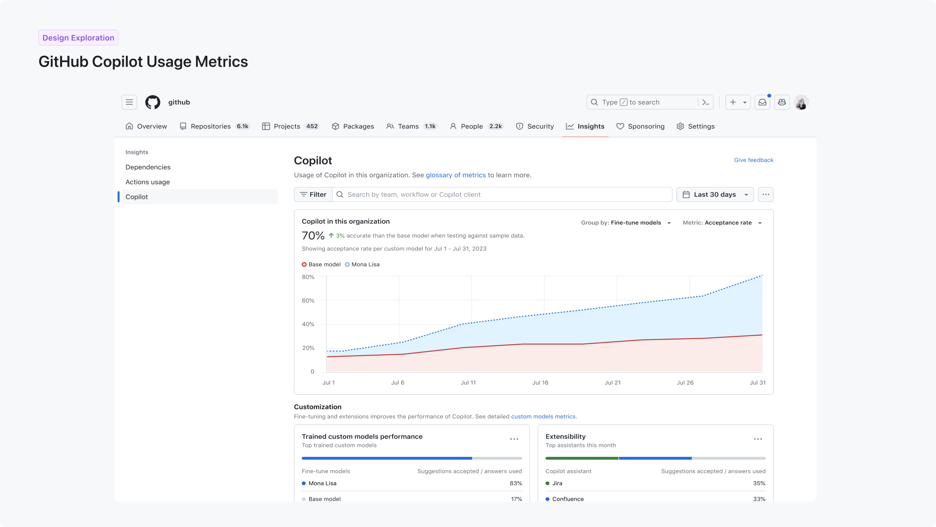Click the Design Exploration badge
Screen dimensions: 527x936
click(x=78, y=38)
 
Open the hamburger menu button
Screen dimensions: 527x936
click(x=129, y=102)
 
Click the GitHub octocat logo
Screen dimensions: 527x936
click(x=153, y=102)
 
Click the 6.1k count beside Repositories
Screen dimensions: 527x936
click(x=242, y=126)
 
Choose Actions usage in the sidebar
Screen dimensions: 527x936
click(x=148, y=182)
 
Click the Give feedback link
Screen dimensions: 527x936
click(x=753, y=160)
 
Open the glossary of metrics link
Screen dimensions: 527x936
click(x=456, y=175)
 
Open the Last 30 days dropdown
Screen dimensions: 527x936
click(x=715, y=195)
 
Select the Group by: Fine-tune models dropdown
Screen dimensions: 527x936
click(x=626, y=223)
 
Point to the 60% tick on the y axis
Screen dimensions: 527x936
click(x=308, y=300)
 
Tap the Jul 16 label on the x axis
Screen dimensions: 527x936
click(x=540, y=383)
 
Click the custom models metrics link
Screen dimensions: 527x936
click(x=543, y=416)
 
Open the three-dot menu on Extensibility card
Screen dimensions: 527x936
click(x=758, y=439)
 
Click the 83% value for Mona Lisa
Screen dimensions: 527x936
click(x=515, y=483)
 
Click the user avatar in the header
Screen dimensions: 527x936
click(x=801, y=102)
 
